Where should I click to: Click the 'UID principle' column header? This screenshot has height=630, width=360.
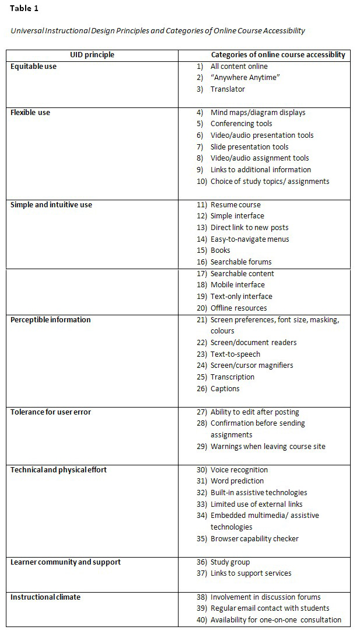(92, 55)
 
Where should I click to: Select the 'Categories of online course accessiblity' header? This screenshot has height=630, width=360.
(278, 55)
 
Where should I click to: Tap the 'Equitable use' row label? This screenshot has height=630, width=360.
(34, 67)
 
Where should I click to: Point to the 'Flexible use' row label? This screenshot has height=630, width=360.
(30, 113)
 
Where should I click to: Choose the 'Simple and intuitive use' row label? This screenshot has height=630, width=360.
(51, 205)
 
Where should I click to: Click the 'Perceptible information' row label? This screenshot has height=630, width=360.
(51, 320)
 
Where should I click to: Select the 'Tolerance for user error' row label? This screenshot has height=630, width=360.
(51, 412)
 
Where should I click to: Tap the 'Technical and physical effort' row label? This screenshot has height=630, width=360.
(58, 470)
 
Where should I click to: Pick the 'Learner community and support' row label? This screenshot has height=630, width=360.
(65, 562)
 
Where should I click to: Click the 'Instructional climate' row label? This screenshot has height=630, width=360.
(46, 597)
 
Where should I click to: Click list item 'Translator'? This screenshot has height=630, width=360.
(228, 89)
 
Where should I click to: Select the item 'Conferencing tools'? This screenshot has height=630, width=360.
(241, 124)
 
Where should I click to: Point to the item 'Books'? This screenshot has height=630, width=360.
(220, 250)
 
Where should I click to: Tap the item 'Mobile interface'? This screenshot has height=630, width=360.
(237, 285)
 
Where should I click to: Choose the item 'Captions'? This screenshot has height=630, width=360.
(225, 389)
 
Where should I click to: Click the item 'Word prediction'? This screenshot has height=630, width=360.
(237, 481)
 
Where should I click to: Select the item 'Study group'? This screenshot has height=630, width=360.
(230, 562)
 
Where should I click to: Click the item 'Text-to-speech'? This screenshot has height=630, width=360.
(235, 354)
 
